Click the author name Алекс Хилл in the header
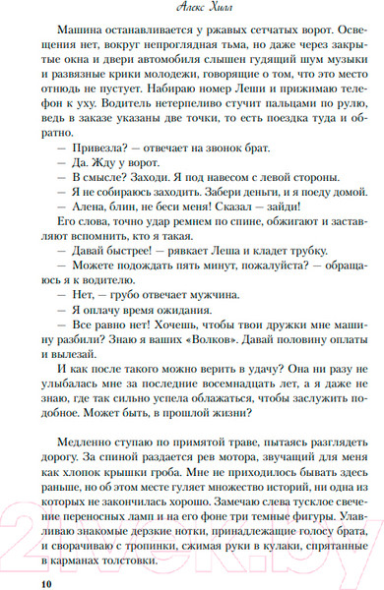point(192,7)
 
